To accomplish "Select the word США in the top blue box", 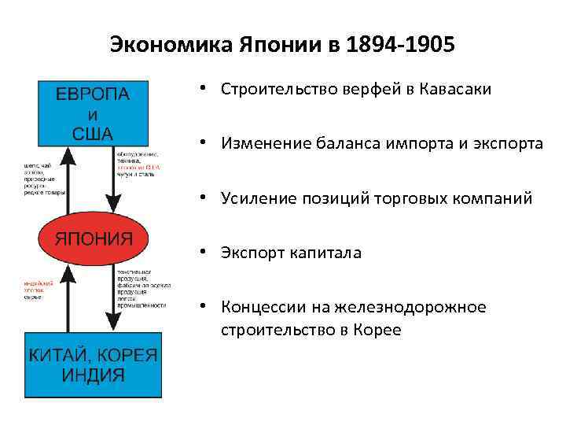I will [93, 132].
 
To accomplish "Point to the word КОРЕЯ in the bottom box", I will [129, 354].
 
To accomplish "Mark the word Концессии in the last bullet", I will [262, 307].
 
